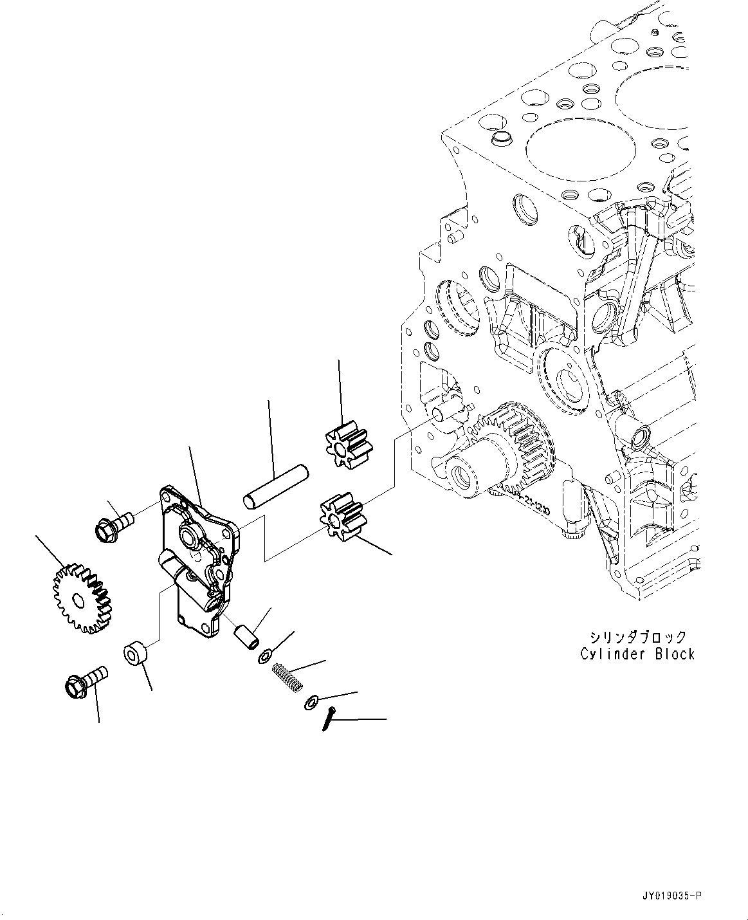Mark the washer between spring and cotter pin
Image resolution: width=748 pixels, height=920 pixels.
[310, 703]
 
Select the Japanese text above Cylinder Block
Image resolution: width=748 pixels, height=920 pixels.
[637, 637]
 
